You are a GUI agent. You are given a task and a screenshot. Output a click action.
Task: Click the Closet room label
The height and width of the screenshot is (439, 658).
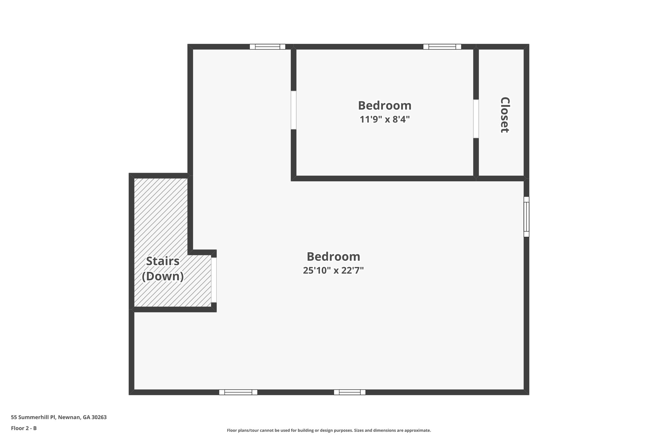tap(505, 115)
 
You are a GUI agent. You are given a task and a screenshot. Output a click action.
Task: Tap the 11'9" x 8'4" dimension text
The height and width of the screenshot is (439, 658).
tap(385, 120)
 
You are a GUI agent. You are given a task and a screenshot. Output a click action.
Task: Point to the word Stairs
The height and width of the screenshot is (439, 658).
tap(163, 261)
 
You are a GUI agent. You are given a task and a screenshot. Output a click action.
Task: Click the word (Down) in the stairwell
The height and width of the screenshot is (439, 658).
tap(163, 276)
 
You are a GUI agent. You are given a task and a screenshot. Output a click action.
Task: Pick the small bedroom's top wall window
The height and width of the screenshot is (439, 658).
tap(442, 47)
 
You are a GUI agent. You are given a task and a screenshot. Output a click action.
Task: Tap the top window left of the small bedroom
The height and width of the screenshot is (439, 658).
tap(267, 47)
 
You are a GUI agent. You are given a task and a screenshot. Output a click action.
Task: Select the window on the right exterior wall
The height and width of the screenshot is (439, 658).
tap(526, 217)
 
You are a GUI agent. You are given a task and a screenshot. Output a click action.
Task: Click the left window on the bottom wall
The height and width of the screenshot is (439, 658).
tap(238, 392)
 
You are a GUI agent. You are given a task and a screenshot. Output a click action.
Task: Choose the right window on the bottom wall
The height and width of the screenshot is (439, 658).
tap(350, 392)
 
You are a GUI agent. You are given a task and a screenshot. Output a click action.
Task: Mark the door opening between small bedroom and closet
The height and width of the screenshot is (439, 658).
tap(476, 119)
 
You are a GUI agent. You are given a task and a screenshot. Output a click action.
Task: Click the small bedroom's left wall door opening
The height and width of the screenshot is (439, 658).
tap(293, 110)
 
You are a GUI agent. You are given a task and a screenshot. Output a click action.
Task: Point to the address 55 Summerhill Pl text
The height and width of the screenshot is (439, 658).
tap(33, 417)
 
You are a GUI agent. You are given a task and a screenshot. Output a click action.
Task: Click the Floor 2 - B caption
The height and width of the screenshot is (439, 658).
tap(24, 428)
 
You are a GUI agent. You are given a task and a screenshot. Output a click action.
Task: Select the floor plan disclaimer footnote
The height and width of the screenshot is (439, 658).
tap(329, 430)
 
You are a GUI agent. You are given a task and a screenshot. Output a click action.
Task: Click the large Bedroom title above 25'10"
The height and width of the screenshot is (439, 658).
tap(333, 257)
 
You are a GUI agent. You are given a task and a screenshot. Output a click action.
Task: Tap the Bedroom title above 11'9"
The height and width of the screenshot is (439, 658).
tap(385, 105)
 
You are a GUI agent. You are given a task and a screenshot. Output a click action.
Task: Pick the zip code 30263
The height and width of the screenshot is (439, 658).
tap(99, 417)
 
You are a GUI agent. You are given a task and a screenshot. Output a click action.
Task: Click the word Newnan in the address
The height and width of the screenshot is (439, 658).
tap(69, 417)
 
